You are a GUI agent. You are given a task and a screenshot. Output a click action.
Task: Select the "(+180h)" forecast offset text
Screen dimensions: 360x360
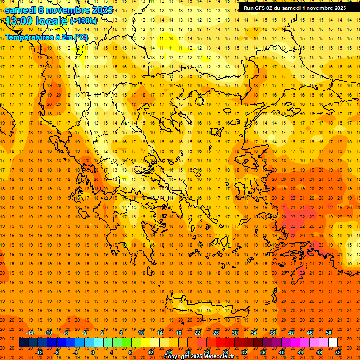(x=83, y=21)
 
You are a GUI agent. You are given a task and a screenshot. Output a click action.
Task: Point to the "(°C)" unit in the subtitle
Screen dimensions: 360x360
(x=81, y=37)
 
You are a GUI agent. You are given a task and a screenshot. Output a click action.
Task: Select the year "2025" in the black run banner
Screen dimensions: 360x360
(x=337, y=7)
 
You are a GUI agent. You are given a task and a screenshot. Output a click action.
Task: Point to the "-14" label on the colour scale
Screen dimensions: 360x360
(x=30, y=333)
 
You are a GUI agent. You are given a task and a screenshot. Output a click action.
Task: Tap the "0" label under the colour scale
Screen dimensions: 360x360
(x=92, y=352)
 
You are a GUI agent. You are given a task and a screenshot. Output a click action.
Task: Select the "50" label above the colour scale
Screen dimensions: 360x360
(x=328, y=333)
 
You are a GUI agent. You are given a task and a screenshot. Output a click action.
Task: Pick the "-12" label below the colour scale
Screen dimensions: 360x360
(x=39, y=352)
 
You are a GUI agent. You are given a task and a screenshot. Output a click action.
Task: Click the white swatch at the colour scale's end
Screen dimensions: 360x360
(x=333, y=343)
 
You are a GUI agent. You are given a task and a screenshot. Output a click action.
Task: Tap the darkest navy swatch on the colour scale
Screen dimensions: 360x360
(x=23, y=343)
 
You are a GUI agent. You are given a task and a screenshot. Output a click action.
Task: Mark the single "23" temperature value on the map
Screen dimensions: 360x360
(x=293, y=217)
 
